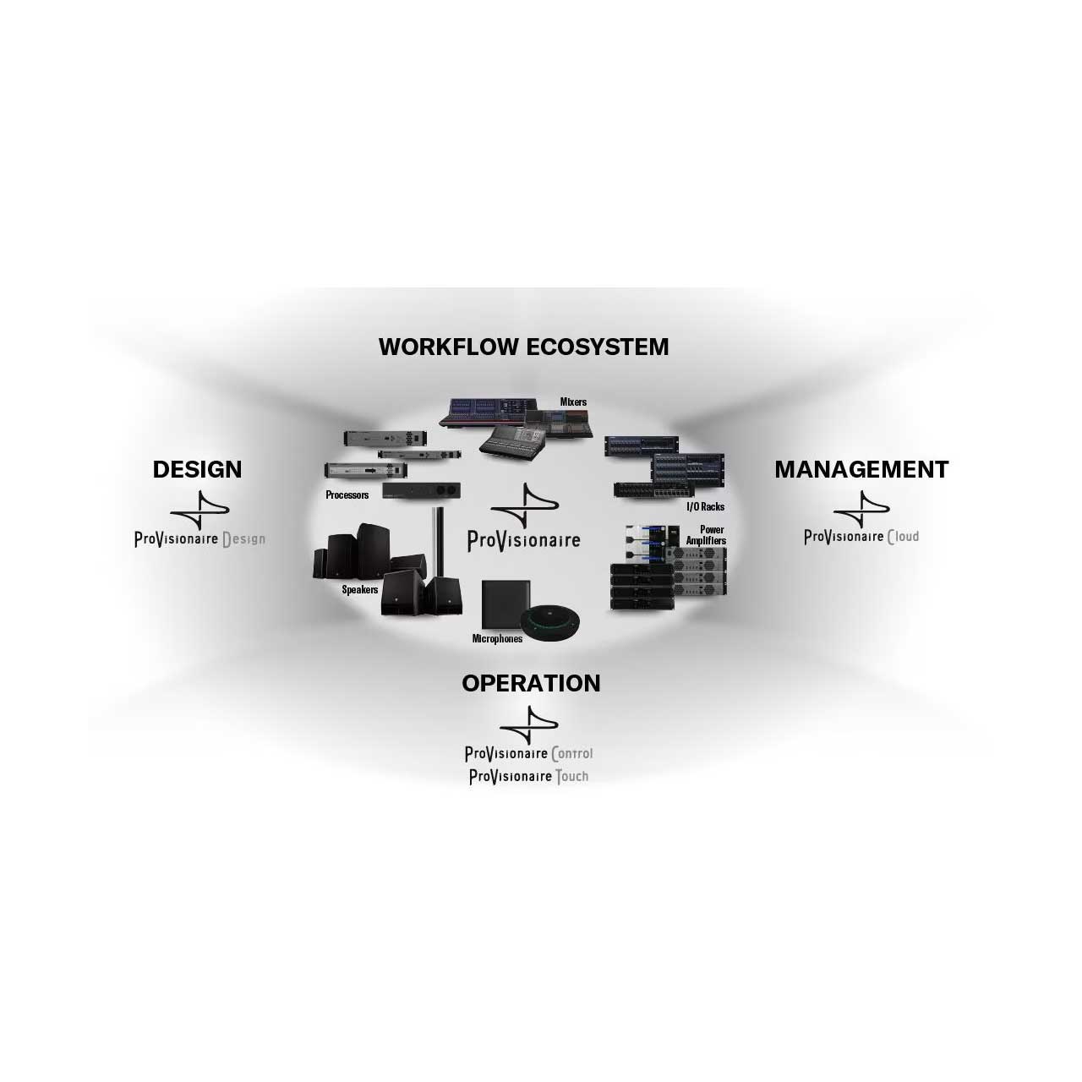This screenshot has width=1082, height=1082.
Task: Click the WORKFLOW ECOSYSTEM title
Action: (x=523, y=347)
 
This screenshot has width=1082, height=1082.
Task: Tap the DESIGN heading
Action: (x=197, y=469)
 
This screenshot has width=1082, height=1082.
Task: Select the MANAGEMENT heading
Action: (x=861, y=469)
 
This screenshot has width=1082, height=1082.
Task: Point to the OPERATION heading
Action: (x=531, y=683)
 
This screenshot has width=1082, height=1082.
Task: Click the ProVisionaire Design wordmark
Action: (x=199, y=539)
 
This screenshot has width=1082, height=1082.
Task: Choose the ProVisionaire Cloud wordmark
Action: (x=861, y=537)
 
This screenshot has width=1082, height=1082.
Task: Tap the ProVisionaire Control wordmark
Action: (x=528, y=753)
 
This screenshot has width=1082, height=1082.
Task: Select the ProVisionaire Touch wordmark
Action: (x=528, y=777)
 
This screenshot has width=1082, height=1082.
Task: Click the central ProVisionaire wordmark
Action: (x=524, y=541)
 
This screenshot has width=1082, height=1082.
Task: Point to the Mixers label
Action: (x=573, y=402)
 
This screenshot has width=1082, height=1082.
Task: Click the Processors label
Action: (x=347, y=495)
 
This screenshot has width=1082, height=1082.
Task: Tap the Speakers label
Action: (x=360, y=589)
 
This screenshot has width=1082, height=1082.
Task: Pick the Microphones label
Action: (x=497, y=638)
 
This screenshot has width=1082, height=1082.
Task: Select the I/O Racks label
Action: (x=705, y=506)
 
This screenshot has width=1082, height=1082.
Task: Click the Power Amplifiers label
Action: (x=707, y=535)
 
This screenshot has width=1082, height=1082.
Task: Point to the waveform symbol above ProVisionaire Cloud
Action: (x=861, y=509)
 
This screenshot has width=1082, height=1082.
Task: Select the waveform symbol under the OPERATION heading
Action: (x=529, y=725)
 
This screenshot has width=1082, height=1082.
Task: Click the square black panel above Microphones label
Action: (x=505, y=604)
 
